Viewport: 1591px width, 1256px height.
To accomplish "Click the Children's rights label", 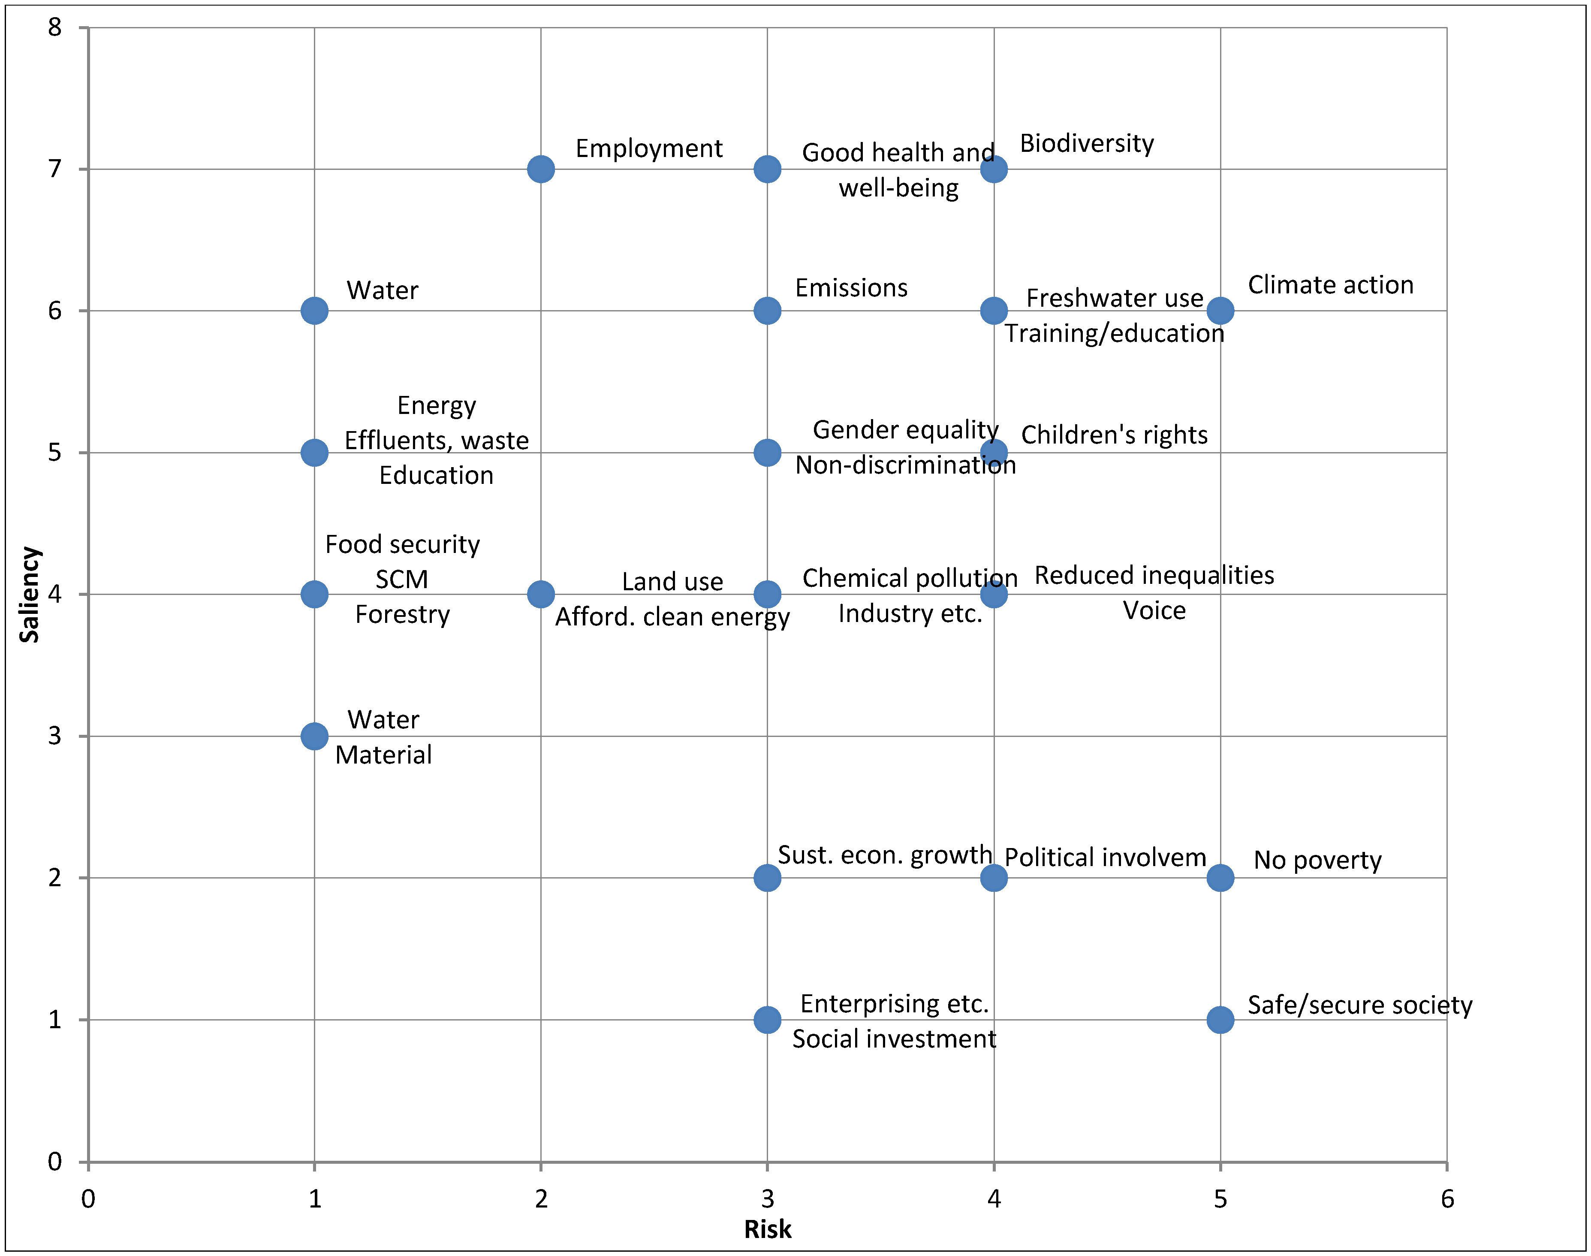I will point(1114,435).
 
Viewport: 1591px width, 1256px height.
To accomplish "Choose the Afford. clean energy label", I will point(672,617).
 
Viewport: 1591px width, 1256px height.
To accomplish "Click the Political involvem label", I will point(1105,857).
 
